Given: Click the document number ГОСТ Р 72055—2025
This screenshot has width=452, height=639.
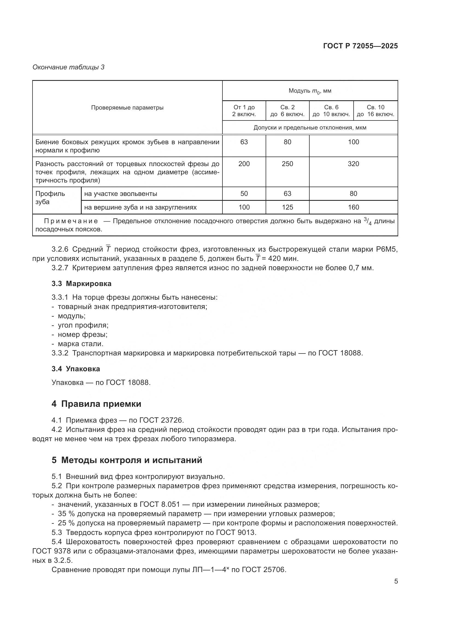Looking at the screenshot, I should (360, 46).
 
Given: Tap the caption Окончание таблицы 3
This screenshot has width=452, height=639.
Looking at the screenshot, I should (69, 67).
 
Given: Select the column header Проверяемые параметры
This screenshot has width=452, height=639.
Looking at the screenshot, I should (127, 108).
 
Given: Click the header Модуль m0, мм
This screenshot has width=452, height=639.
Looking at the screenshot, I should (310, 91).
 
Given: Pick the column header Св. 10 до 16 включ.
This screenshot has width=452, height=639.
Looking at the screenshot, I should (375, 111).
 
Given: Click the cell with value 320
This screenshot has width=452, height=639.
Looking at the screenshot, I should (353, 164).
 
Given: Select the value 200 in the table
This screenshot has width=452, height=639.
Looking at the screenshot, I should (244, 164).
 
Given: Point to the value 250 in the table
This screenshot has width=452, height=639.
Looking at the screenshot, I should (287, 164).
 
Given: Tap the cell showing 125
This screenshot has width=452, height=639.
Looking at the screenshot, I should (287, 207).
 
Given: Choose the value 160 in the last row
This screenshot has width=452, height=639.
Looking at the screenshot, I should (353, 207).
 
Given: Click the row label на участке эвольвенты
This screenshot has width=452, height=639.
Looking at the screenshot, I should (121, 194).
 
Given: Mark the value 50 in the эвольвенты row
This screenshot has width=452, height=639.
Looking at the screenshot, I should (244, 194).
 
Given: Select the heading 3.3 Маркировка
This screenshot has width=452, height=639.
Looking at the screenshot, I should (81, 284).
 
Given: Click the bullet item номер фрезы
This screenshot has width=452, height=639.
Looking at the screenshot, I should (82, 334).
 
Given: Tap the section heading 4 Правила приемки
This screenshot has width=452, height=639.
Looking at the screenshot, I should (96, 404).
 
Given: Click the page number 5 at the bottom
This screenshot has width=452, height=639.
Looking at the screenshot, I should (396, 581).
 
